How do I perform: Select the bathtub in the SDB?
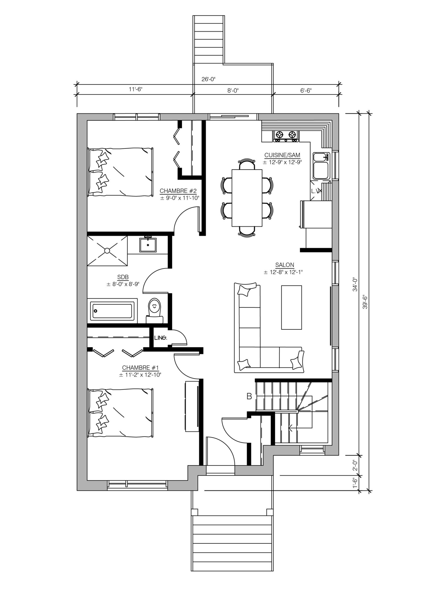112,311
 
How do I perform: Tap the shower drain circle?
107,251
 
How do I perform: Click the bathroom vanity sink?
148,245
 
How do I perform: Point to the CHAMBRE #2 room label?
178,191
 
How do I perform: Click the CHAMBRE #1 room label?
141,368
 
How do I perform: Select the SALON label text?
285,265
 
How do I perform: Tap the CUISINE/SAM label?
282,155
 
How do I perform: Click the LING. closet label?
161,338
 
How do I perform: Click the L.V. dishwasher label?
315,191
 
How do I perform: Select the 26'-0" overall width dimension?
208,79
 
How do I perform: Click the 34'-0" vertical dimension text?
355,284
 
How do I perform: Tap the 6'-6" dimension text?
306,91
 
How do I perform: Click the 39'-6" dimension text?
365,302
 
